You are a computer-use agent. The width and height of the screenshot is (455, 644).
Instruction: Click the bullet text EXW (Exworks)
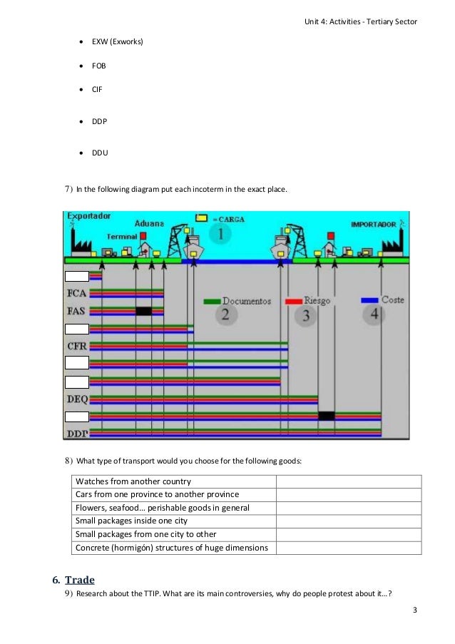(117, 42)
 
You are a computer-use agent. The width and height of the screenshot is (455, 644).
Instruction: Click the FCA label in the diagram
(77, 293)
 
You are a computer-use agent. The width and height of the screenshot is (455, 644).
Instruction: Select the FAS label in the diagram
(77, 311)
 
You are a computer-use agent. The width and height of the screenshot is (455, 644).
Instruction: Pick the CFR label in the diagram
(77, 347)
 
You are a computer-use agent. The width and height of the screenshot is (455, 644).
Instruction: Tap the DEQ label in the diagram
(77, 399)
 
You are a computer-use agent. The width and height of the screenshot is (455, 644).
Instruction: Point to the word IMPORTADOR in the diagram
(373, 225)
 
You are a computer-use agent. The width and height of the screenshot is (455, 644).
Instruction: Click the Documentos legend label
(246, 301)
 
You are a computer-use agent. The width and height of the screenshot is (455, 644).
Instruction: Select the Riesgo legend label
(317, 301)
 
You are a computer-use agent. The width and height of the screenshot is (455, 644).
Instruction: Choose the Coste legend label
(392, 300)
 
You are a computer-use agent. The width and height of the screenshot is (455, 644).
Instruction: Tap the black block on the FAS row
(143, 311)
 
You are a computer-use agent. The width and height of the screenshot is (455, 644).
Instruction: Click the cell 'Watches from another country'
(133, 481)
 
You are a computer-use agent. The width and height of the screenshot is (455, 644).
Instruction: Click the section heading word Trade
(80, 581)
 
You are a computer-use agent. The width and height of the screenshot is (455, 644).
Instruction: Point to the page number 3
(414, 612)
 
